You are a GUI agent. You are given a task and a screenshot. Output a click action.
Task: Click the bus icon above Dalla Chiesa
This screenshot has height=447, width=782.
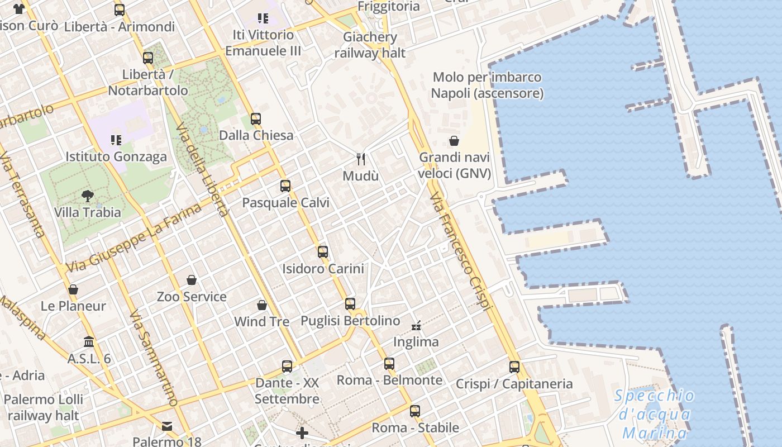pos(256,118)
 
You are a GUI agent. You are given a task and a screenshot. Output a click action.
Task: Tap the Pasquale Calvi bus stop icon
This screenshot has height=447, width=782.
pos(285,186)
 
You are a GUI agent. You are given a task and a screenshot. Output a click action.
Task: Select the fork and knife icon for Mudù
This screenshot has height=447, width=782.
pos(361,159)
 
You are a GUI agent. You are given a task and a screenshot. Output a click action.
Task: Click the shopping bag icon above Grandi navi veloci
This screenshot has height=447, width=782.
pos(454,141)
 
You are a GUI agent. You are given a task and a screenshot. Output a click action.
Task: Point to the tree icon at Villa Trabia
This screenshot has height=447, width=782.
pos(87,196)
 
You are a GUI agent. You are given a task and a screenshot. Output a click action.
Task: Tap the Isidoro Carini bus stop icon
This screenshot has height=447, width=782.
pos(323,251)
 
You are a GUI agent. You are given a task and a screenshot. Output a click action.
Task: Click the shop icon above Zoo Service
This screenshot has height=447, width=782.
pos(192,279)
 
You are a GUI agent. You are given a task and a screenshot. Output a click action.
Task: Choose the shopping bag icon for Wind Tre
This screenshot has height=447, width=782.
pos(261,305)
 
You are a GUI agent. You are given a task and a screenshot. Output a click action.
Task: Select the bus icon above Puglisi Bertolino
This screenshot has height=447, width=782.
pos(350,304)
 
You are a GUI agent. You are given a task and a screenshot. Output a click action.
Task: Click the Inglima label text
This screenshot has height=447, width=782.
pos(416,341)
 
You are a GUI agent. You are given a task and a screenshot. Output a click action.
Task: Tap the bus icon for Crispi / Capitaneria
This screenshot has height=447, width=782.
pos(514,367)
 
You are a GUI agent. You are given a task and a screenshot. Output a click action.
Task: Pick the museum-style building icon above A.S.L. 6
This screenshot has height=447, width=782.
pos(89,341)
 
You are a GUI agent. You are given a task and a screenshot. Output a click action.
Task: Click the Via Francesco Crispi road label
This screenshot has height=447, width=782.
pos(461,251)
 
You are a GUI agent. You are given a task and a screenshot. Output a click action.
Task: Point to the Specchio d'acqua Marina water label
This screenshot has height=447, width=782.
pos(654,415)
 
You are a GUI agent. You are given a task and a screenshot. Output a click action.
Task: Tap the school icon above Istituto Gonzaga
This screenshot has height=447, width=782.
pos(116,140)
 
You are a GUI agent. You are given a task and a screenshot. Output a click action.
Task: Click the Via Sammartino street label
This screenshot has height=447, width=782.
pos(153,358)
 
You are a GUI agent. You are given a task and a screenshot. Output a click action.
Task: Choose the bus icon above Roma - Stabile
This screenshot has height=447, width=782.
pos(415,411)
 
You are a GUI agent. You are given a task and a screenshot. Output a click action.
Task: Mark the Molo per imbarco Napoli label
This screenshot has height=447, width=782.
pos(487,85)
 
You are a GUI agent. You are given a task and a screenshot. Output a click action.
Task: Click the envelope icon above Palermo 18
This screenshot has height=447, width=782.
pos(167,426)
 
